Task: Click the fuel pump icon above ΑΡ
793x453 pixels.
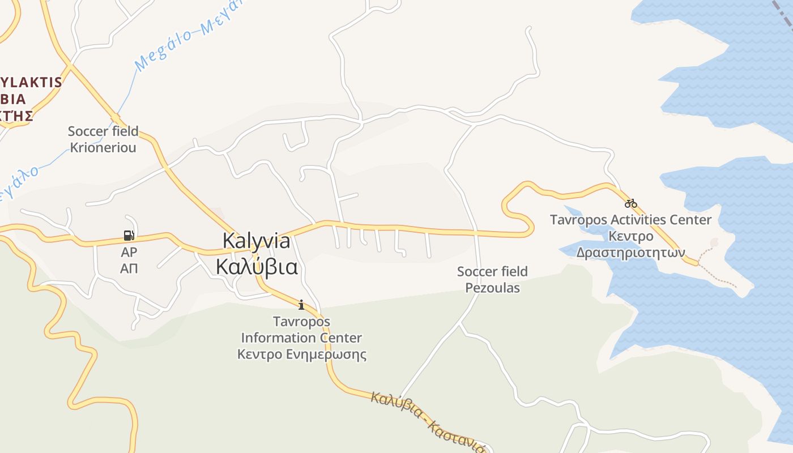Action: tap(129, 235)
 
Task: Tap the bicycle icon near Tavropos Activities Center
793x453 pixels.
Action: tap(631, 203)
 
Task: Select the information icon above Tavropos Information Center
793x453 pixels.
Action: tap(301, 305)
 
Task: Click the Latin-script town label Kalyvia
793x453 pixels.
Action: tap(256, 241)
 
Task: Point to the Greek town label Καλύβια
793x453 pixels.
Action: tap(257, 266)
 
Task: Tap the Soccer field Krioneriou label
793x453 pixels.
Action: tap(103, 139)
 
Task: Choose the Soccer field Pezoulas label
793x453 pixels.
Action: tap(492, 280)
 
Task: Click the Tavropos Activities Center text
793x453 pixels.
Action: tap(630, 220)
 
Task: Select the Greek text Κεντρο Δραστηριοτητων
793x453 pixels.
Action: tap(630, 244)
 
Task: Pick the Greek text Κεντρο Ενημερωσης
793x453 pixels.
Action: tap(301, 354)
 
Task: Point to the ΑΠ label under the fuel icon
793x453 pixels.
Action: tap(129, 268)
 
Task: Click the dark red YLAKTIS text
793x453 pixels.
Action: tap(31, 82)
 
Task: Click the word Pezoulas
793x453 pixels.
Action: tap(492, 288)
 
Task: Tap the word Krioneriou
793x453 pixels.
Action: tap(103, 148)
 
